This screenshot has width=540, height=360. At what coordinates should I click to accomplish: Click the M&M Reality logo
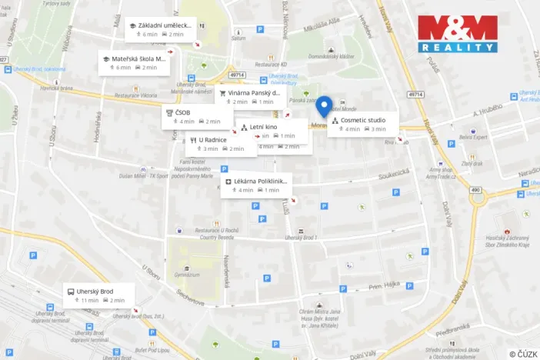(x=457, y=34)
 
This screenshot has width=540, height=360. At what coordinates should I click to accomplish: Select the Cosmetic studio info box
(x=362, y=124)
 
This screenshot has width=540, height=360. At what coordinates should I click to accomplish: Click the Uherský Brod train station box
(x=99, y=295)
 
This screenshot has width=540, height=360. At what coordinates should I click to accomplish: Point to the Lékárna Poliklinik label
(x=256, y=185)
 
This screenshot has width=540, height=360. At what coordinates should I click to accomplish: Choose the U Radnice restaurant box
(x=221, y=144)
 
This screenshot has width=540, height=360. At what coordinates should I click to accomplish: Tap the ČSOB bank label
(x=196, y=117)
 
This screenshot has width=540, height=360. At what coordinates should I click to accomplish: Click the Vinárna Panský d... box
(x=251, y=97)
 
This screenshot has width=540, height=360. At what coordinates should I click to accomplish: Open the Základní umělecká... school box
(x=160, y=30)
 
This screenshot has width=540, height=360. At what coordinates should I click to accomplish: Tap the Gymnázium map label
(x=188, y=275)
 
